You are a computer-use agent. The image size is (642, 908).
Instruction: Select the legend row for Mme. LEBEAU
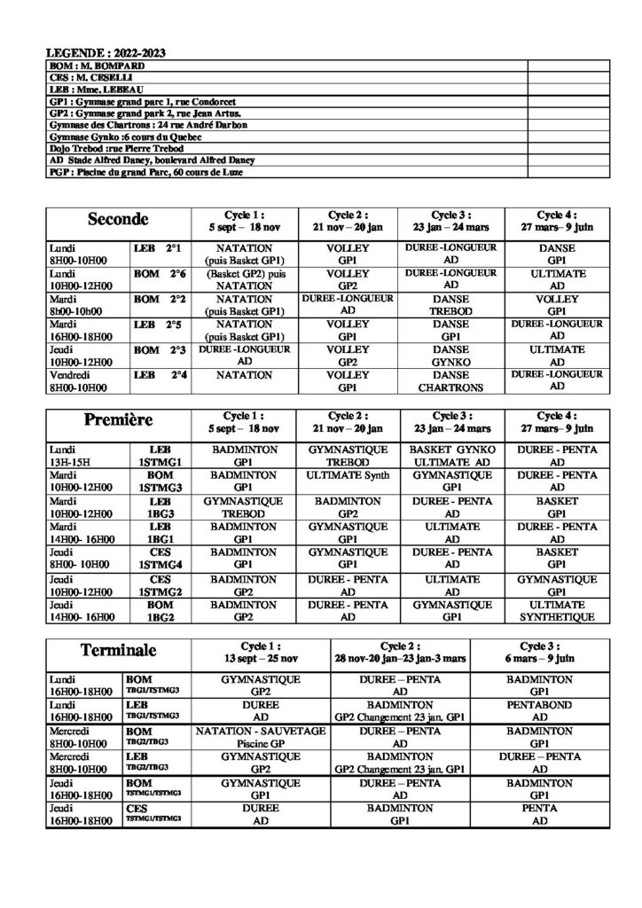click(x=88, y=90)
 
